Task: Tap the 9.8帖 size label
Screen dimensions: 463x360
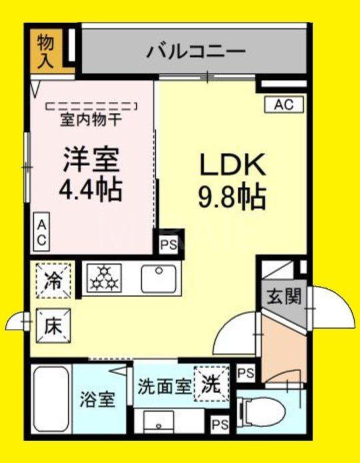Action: [x=232, y=196]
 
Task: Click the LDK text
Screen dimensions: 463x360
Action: [x=233, y=164]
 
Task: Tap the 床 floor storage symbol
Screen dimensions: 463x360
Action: [x=53, y=326]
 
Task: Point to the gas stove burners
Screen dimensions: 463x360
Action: [x=103, y=278]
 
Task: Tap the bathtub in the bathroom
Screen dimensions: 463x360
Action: [x=49, y=400]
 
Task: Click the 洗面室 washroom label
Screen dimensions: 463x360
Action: [x=164, y=385]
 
